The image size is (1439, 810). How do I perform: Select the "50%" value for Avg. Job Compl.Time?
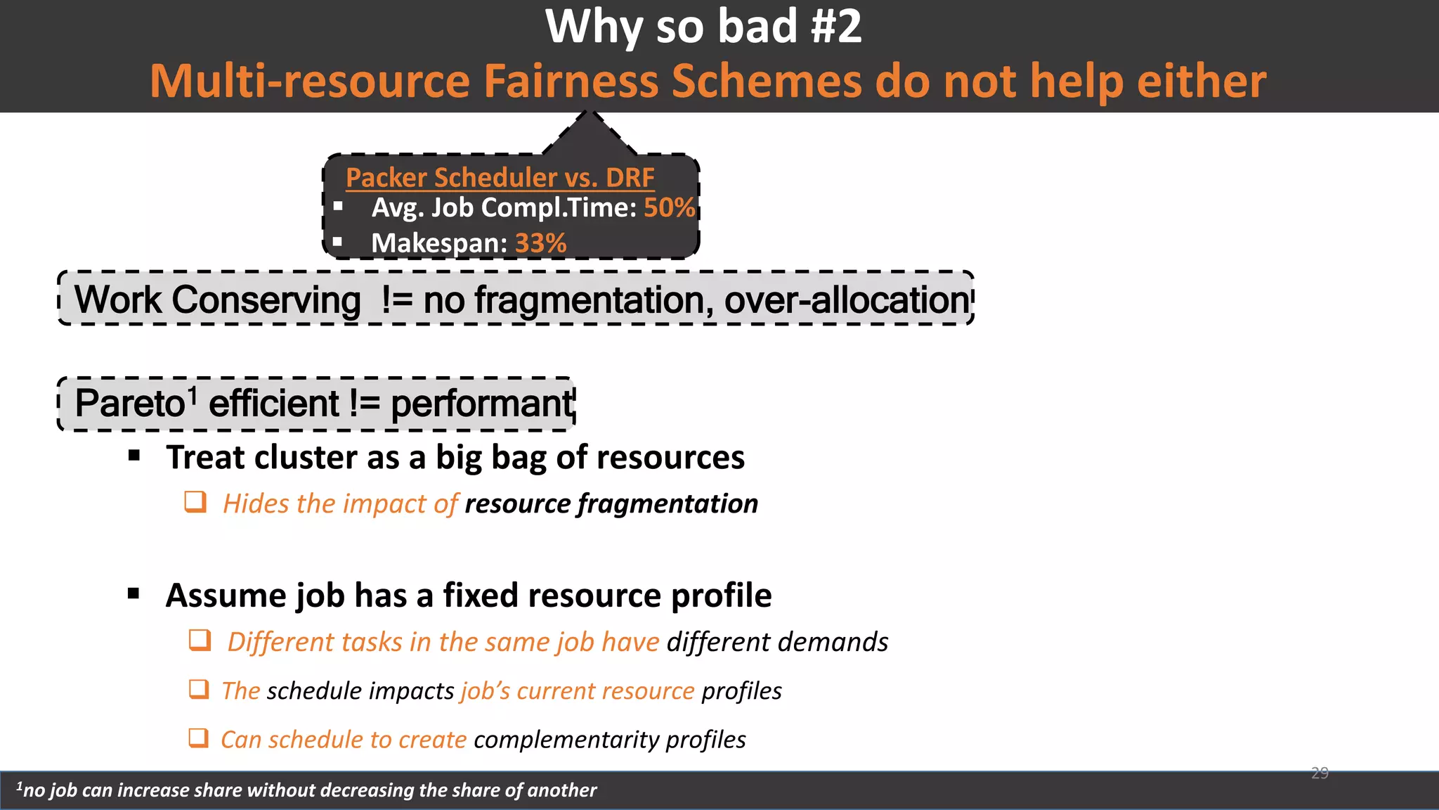point(669,207)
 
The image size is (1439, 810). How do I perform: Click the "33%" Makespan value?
point(540,243)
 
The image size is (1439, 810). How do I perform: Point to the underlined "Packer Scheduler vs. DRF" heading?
point(500,177)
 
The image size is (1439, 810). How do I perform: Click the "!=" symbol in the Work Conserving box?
point(397,300)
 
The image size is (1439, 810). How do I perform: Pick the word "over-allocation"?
point(847,300)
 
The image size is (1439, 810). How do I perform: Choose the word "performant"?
point(482,404)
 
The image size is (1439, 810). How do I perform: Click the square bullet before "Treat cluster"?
point(134,456)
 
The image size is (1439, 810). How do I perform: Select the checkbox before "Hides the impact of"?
point(195,502)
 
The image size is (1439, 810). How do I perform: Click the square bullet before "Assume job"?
point(134,594)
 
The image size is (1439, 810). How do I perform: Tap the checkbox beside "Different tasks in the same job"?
point(200,641)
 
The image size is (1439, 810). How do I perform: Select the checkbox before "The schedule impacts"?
point(199,689)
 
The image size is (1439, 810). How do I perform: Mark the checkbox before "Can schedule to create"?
point(199,738)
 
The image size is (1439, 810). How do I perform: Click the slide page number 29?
point(1320,773)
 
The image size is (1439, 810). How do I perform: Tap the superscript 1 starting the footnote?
point(20,786)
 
